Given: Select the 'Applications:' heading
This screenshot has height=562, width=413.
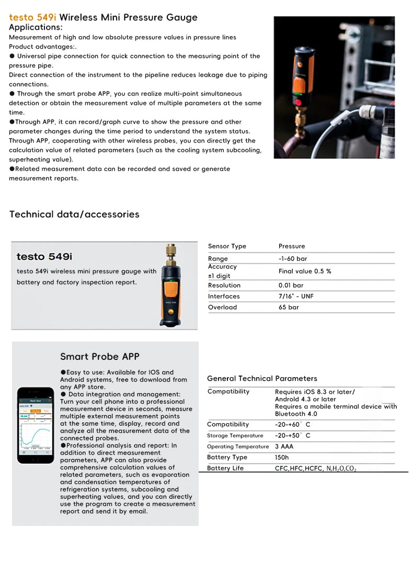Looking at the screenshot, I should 36,27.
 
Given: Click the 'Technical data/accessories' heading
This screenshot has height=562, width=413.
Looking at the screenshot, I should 74,214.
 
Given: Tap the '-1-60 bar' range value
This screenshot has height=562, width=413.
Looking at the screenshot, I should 293,259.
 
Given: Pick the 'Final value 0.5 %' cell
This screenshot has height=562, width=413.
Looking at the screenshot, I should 304,271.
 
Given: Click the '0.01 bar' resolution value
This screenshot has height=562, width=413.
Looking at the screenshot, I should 291,285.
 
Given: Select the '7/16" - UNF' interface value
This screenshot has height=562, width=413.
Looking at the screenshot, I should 296,296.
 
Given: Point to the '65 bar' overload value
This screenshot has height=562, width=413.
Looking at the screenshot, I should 289,307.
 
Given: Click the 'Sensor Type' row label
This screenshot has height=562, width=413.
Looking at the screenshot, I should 227,246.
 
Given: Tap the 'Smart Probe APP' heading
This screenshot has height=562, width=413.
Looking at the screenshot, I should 100,357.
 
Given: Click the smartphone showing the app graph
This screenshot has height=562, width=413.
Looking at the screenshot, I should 36,425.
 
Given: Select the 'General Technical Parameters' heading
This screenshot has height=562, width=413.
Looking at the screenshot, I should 262,378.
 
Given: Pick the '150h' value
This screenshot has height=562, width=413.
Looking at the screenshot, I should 282,457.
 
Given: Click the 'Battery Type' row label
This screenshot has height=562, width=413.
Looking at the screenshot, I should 227,457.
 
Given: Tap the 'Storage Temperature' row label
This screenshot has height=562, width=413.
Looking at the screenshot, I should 235,436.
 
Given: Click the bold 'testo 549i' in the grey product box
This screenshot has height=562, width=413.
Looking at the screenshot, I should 44,256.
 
